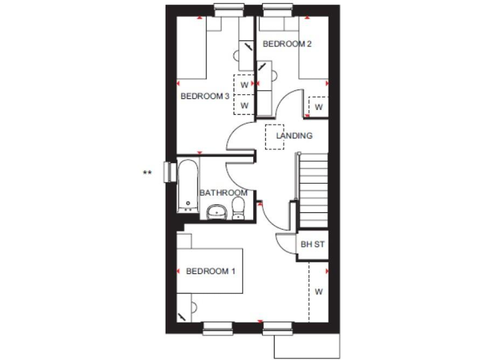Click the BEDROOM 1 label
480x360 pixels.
click(x=211, y=271)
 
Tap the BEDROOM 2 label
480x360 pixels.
click(x=287, y=44)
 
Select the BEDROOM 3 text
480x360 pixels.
click(x=205, y=96)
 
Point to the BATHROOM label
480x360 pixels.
click(x=223, y=192)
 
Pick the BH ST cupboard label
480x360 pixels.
click(x=312, y=244)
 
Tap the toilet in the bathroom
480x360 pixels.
click(x=239, y=209)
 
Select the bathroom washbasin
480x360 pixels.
click(x=217, y=212)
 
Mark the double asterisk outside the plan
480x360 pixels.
click(x=147, y=173)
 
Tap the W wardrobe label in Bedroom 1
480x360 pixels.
click(x=318, y=291)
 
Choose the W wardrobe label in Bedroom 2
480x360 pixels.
click(x=318, y=107)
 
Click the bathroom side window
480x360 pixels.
click(x=167, y=171)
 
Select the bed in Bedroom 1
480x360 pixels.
click(x=210, y=270)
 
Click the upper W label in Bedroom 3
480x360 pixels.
click(x=245, y=84)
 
